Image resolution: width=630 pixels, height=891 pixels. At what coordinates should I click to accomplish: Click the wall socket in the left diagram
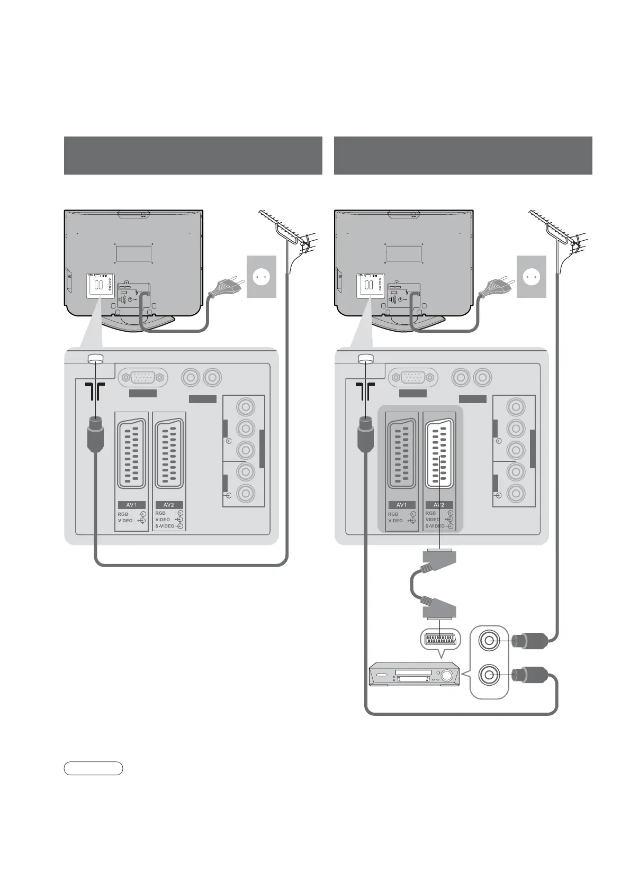coord(262,276)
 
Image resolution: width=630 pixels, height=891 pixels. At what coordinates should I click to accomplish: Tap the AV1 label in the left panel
coord(131,505)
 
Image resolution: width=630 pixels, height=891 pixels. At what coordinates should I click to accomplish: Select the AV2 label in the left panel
coord(169,505)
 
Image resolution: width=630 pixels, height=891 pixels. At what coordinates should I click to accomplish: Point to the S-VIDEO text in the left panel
coord(165,526)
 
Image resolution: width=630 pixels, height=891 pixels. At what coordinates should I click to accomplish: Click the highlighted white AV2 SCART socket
coord(439,454)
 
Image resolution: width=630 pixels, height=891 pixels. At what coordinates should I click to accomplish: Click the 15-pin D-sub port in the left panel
coord(143,378)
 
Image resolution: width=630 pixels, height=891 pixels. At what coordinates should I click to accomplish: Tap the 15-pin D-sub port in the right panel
coord(413,378)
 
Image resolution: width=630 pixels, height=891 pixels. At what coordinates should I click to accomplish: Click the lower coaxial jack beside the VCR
coord(489,675)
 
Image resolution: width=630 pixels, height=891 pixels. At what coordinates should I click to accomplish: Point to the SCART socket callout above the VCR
coord(440,639)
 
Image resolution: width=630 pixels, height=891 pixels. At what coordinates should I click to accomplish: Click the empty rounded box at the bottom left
coord(93,768)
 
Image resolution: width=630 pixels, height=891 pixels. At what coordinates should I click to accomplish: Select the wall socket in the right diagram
coord(532,276)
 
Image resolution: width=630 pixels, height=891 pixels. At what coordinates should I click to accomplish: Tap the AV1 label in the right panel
coord(401,505)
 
